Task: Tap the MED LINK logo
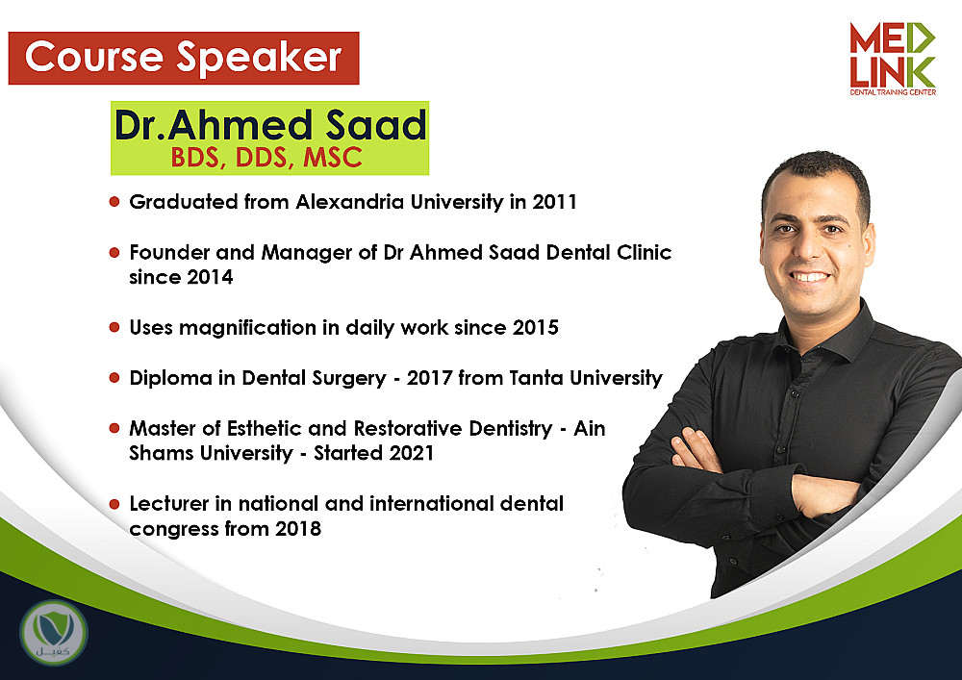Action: click(893, 59)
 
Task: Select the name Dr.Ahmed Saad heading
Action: click(270, 125)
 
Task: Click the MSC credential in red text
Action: click(333, 158)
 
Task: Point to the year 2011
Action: click(554, 202)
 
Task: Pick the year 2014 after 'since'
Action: click(210, 277)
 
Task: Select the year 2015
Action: click(536, 327)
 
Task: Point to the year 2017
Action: click(429, 378)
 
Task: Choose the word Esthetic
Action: click(265, 428)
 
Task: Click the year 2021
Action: click(411, 453)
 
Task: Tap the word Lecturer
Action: click(169, 503)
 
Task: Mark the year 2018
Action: click(298, 529)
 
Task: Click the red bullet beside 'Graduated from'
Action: click(114, 201)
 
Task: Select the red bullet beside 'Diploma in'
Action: click(114, 377)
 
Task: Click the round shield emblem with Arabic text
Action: click(53, 633)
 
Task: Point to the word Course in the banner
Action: click(94, 57)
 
